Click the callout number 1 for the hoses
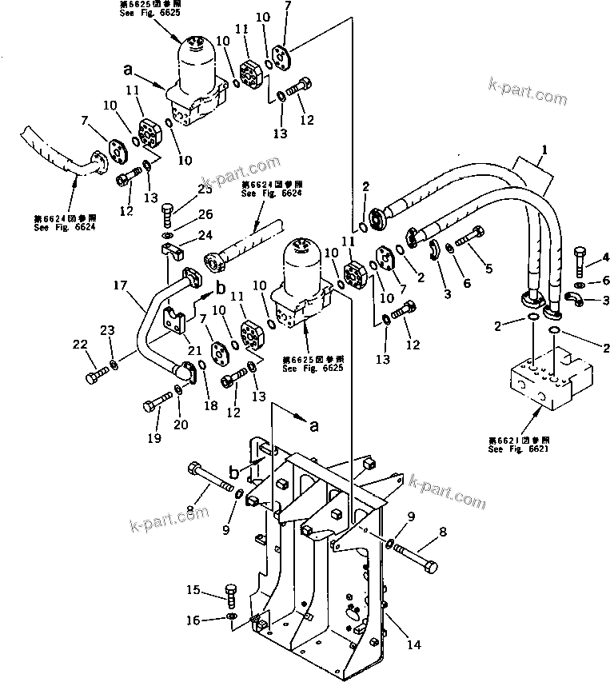pyautogui.click(x=544, y=149)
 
